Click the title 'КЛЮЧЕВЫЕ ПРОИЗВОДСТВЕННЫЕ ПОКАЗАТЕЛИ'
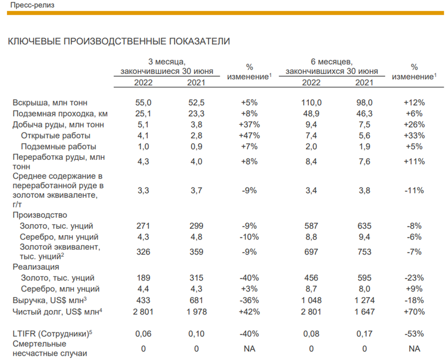click(x=118, y=42)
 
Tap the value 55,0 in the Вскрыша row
click(x=143, y=102)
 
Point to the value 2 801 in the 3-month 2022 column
click(x=143, y=312)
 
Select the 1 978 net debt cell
click(x=196, y=312)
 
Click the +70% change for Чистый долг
click(x=415, y=312)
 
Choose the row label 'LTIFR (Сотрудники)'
click(x=50, y=333)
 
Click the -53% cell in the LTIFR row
click(x=415, y=333)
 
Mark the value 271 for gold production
click(x=143, y=226)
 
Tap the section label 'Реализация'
click(x=36, y=267)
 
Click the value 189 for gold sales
click(x=143, y=278)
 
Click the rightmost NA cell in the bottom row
click(x=415, y=349)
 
